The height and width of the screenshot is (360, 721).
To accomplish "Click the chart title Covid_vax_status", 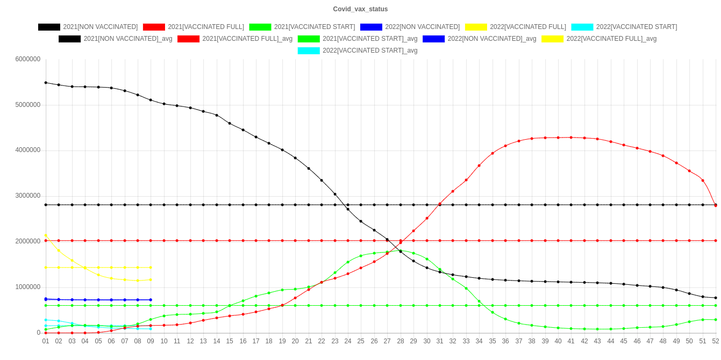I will (x=360, y=9).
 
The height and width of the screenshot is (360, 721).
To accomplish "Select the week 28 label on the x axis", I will (x=400, y=341).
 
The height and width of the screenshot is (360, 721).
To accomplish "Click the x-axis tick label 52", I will (x=716, y=341).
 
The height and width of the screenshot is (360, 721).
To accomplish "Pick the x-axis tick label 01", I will (x=46, y=341).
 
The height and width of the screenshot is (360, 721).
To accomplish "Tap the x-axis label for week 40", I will (x=558, y=341).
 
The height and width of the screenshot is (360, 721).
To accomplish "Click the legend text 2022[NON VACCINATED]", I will (x=422, y=27).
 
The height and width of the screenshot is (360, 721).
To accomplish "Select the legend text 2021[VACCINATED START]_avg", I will (x=370, y=39).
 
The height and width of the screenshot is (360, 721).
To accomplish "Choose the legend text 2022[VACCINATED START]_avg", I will (x=370, y=51).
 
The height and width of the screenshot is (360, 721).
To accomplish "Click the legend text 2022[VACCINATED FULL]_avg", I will (x=611, y=39).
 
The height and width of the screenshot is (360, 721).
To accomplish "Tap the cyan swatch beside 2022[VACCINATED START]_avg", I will (x=309, y=51).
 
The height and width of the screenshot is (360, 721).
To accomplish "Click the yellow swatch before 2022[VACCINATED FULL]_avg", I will (x=552, y=39).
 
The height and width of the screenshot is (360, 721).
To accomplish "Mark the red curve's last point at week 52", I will (x=716, y=206).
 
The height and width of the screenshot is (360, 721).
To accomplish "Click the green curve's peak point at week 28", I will (x=400, y=250).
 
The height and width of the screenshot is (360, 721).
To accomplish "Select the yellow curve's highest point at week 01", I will (x=46, y=235).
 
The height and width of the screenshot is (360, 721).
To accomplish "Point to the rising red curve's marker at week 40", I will (x=558, y=138).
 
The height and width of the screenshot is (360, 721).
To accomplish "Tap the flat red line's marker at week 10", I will (x=164, y=241).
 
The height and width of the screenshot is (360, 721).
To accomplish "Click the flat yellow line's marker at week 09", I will (x=151, y=268).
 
